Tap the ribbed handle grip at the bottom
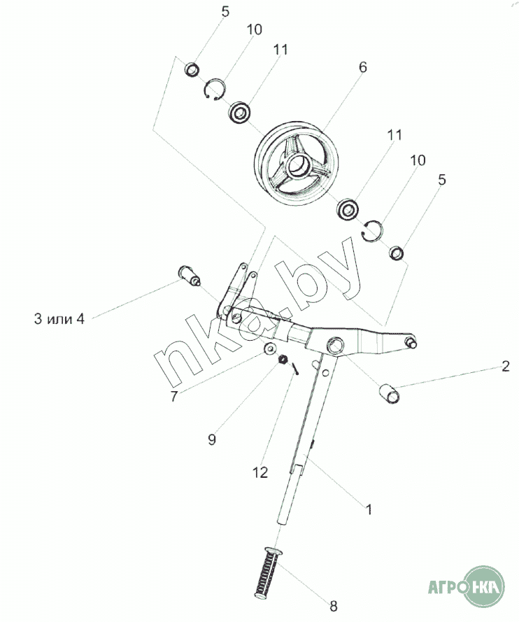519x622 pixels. pyautogui.click(x=268, y=570)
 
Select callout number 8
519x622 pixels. pyautogui.click(x=333, y=606)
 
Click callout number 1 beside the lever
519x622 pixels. pyautogui.click(x=369, y=509)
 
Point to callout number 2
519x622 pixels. pyautogui.click(x=505, y=366)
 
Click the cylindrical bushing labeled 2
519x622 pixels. pyautogui.click(x=389, y=393)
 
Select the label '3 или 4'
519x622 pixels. pyautogui.click(x=59, y=318)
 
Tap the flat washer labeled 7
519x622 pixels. pyautogui.click(x=271, y=348)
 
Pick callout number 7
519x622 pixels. pyautogui.click(x=173, y=396)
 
